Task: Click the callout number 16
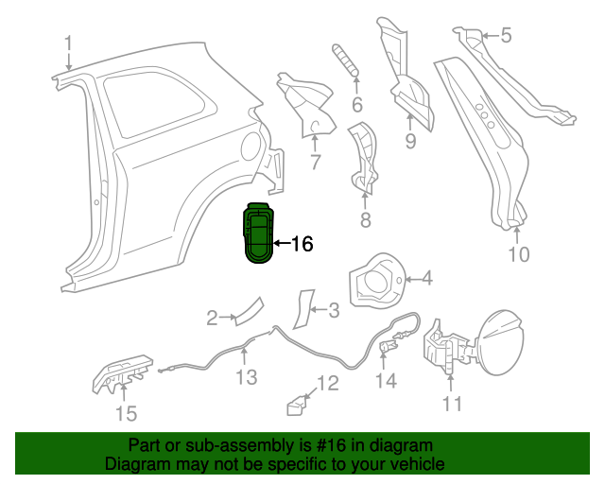300,244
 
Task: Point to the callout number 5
505,36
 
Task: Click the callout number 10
519,253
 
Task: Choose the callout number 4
426,278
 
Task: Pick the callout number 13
246,378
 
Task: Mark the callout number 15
125,413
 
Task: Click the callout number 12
326,383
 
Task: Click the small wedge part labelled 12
297,405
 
